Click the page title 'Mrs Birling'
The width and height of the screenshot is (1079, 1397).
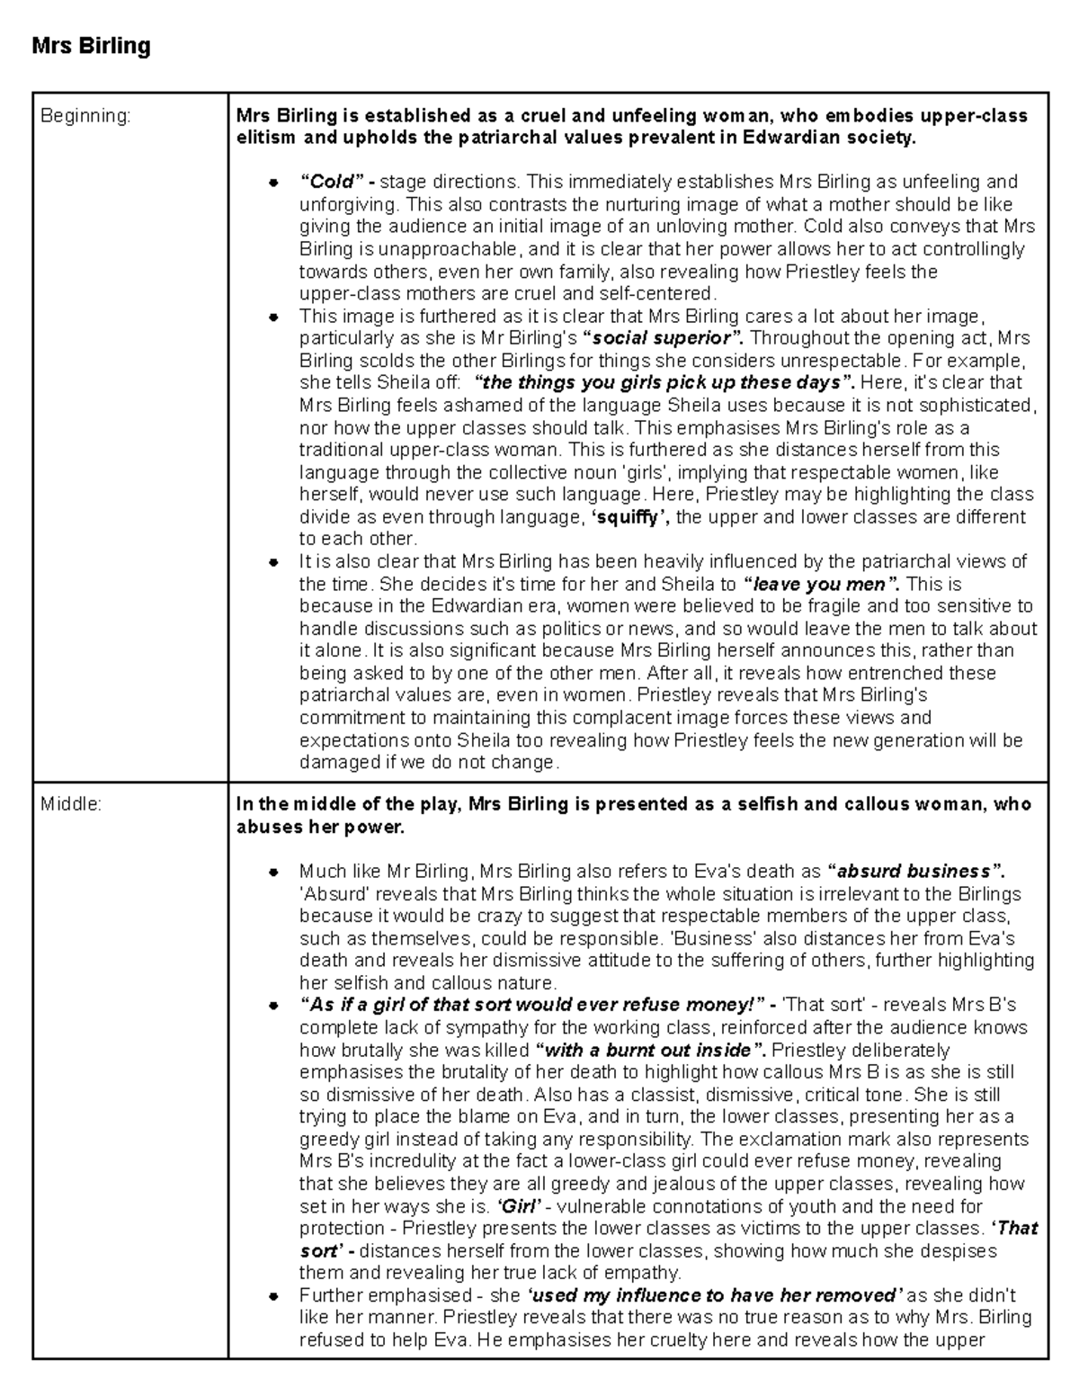(91, 46)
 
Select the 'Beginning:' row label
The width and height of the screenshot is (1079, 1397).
(85, 116)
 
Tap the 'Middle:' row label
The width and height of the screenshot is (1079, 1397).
(71, 804)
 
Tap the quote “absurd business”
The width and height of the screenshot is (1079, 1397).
(915, 871)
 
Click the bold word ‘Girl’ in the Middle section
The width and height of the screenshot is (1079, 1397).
(519, 1206)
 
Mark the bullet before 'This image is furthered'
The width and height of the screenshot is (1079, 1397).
(272, 317)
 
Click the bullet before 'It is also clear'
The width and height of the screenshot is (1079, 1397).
(272, 562)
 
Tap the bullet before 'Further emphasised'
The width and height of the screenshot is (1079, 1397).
(272, 1296)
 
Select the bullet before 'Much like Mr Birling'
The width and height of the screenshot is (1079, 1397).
(272, 872)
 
